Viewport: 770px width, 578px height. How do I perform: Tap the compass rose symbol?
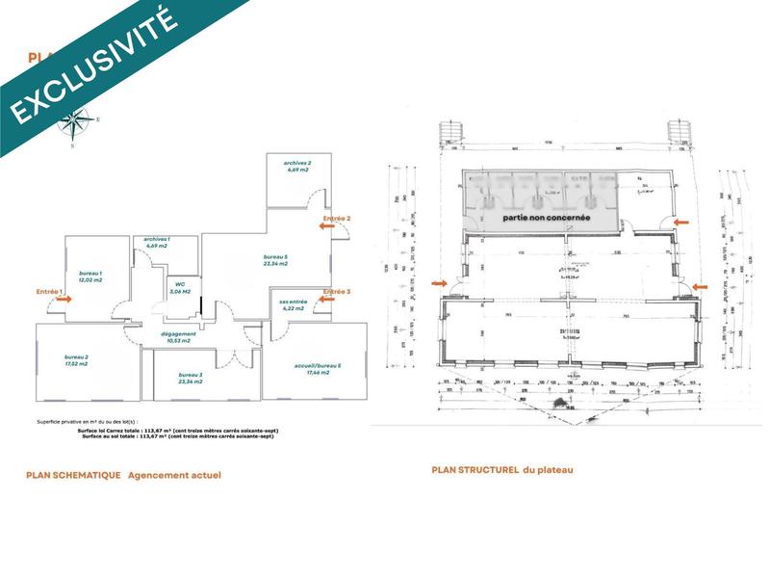click(73, 122)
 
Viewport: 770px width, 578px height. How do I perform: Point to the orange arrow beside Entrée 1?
click(64, 300)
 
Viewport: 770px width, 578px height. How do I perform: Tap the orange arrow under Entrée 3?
click(326, 300)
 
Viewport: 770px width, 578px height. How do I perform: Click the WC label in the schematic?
click(180, 286)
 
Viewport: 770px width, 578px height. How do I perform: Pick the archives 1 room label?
click(157, 242)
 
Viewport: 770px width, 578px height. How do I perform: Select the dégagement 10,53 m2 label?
click(179, 336)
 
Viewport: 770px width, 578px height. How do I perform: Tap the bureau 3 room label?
click(190, 378)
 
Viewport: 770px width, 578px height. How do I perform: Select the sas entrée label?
click(293, 304)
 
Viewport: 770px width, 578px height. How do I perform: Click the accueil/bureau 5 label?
click(313, 368)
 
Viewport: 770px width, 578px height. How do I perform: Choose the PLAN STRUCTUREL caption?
click(502, 469)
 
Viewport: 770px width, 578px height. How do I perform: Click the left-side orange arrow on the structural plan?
click(439, 283)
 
